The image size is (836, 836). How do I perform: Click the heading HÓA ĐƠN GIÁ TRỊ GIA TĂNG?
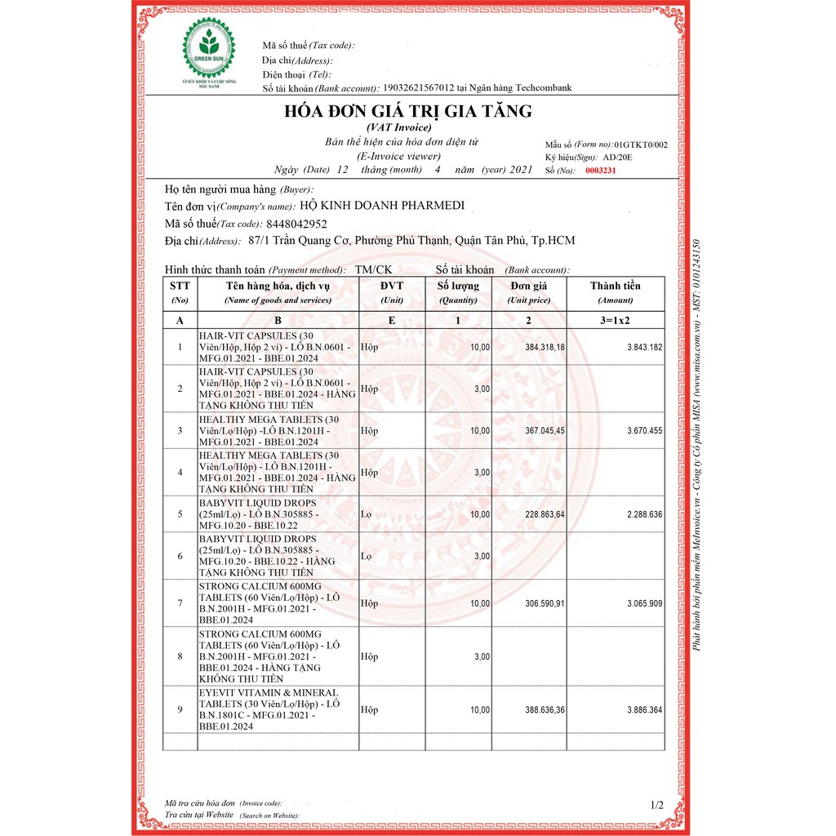click(407, 111)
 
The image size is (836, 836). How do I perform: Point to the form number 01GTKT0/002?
click(641, 145)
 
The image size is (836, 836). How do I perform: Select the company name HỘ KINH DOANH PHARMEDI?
click(382, 206)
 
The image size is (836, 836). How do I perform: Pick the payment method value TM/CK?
click(374, 269)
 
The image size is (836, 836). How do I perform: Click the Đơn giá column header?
click(528, 286)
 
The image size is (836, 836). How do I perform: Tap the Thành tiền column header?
click(616, 286)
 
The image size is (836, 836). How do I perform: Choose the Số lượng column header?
click(458, 286)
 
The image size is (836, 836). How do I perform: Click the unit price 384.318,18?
click(545, 348)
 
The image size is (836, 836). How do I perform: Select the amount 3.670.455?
click(645, 430)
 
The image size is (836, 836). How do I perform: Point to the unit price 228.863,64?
click(545, 514)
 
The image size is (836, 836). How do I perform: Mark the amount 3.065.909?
click(645, 603)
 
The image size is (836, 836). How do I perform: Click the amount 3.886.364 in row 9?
click(645, 710)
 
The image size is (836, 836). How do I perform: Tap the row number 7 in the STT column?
click(180, 603)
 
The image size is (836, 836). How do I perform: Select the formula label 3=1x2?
click(616, 321)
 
